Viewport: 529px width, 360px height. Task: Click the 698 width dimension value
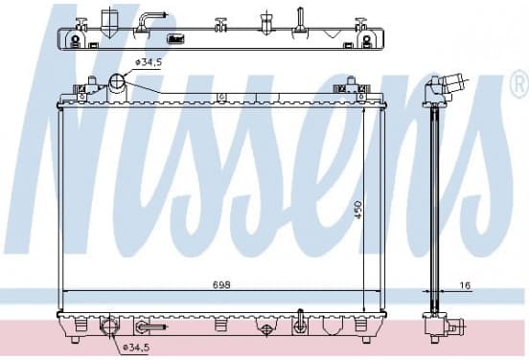[x=221, y=284]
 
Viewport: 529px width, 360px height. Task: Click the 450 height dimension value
[x=358, y=210]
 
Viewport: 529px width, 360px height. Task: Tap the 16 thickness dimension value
[x=465, y=285]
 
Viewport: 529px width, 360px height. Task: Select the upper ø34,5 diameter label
[x=149, y=62]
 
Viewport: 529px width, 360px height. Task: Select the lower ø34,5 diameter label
[x=136, y=348]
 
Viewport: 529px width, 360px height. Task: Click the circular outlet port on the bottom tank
[x=109, y=326]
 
